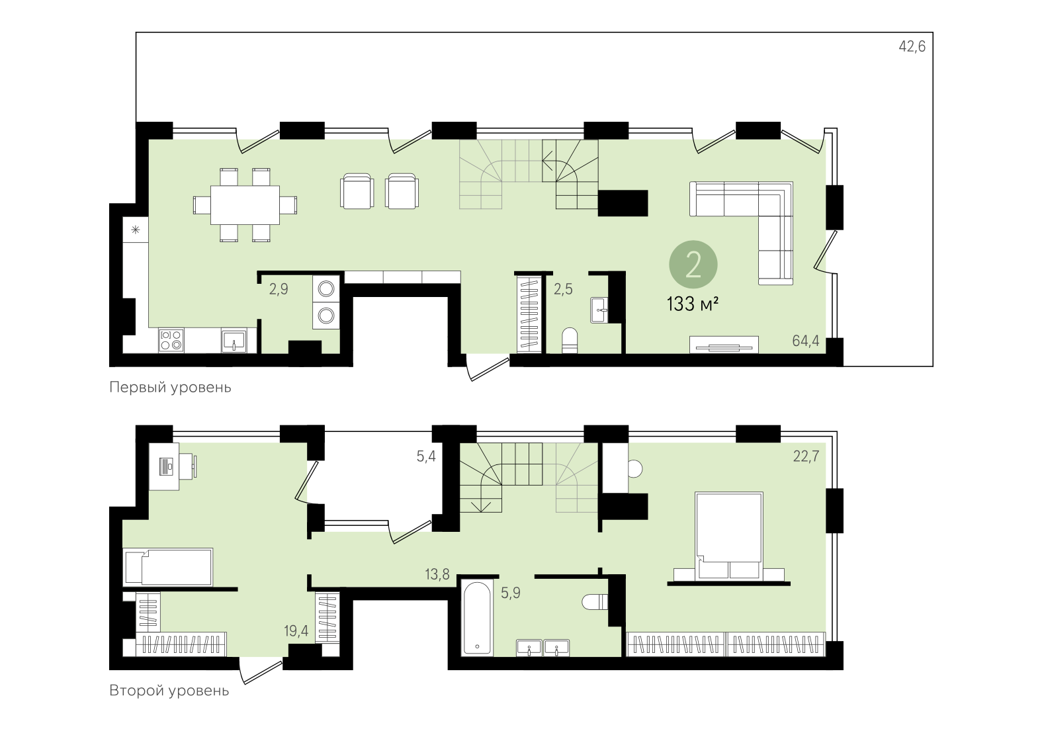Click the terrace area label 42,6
click(x=912, y=46)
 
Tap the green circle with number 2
click(x=693, y=265)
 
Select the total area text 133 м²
click(x=692, y=304)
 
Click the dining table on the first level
click(x=245, y=205)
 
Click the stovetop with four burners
click(x=171, y=341)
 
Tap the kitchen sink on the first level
click(x=234, y=341)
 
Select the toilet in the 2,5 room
click(x=570, y=341)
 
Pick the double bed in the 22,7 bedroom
click(x=729, y=533)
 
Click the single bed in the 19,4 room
click(x=169, y=567)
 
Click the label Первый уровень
click(x=170, y=387)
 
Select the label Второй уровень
click(x=169, y=691)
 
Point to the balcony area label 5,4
click(x=426, y=456)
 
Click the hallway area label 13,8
click(x=437, y=574)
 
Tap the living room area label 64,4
click(x=805, y=341)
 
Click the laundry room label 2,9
click(x=279, y=289)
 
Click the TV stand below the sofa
click(x=724, y=345)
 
